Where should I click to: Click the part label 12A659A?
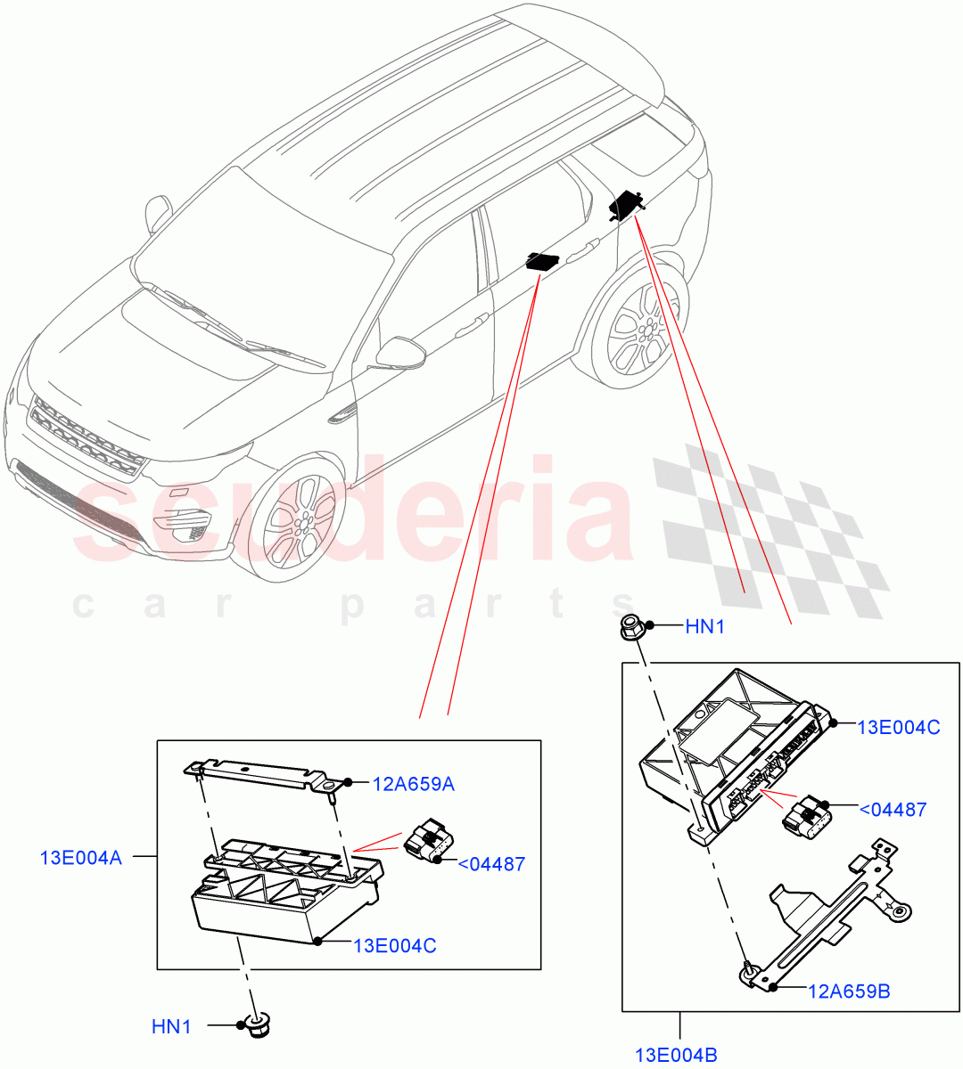click(x=413, y=784)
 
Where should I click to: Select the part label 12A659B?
click(x=848, y=990)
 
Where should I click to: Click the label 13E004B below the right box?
click(x=676, y=1056)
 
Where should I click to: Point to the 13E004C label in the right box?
click(x=898, y=727)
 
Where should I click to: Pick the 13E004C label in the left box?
click(x=394, y=945)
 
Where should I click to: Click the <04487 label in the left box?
click(x=491, y=864)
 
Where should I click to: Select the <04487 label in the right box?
click(x=892, y=810)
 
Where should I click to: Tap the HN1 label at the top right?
click(x=704, y=627)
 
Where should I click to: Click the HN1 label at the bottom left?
click(x=171, y=1027)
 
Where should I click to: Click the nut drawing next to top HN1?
click(x=632, y=627)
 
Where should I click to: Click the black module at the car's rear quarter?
click(x=627, y=205)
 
